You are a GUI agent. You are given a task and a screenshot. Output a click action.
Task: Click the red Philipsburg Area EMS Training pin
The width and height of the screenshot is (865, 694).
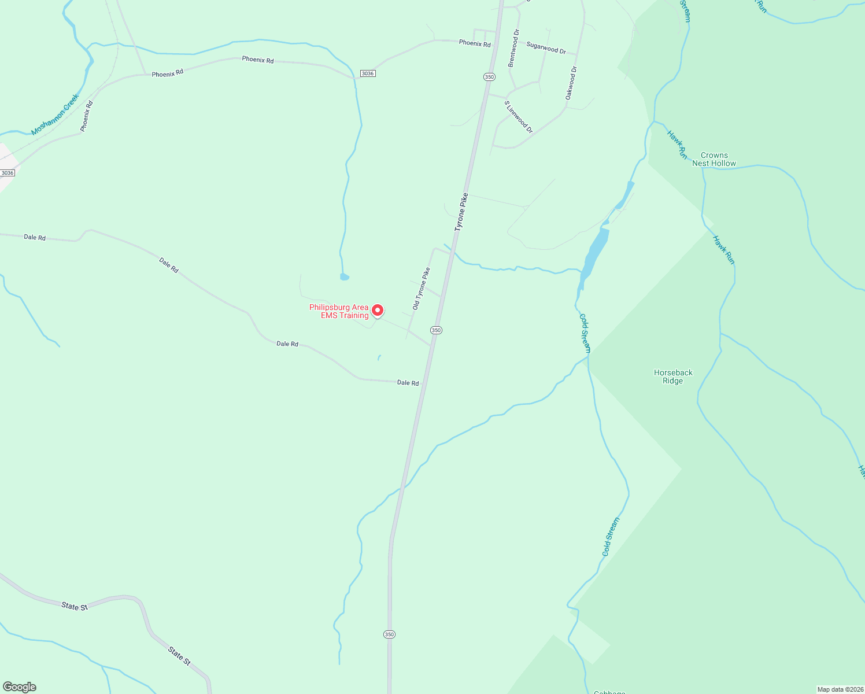[377, 311]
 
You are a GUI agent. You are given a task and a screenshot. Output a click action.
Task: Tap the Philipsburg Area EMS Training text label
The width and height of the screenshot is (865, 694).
[339, 311]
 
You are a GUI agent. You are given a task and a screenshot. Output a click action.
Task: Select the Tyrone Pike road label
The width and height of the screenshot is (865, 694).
[461, 212]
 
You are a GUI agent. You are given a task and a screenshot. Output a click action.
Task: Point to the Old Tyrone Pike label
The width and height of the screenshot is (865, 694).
[421, 288]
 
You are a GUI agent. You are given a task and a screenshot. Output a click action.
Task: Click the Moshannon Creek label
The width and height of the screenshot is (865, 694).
[54, 115]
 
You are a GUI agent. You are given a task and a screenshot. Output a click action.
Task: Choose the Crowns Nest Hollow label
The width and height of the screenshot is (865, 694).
[714, 159]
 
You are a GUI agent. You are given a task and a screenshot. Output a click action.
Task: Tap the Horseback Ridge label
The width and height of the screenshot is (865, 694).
[673, 376]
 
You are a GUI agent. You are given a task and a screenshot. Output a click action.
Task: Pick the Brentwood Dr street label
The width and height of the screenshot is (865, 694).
[513, 49]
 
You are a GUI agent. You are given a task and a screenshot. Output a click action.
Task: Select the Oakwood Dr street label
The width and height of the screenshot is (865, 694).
[571, 83]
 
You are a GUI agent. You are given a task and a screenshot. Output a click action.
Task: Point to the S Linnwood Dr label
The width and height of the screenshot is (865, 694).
[519, 117]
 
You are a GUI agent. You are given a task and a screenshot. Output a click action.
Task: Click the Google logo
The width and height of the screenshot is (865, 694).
[19, 687]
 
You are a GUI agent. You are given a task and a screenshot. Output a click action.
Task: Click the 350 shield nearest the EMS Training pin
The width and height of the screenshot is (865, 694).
[436, 330]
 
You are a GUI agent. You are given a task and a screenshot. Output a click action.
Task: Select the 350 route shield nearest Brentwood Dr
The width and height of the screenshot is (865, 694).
[489, 77]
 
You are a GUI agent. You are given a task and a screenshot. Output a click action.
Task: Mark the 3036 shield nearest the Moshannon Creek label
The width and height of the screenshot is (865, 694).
[8, 173]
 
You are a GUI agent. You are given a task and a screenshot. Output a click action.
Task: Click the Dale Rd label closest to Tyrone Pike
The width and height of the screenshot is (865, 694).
[408, 382]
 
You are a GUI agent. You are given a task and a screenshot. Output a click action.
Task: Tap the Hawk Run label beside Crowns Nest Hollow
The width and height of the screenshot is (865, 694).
[676, 145]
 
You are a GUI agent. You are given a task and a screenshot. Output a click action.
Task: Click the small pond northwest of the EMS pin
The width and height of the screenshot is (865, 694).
[345, 277]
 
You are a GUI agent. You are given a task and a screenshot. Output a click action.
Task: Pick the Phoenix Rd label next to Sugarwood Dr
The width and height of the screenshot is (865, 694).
[475, 43]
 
